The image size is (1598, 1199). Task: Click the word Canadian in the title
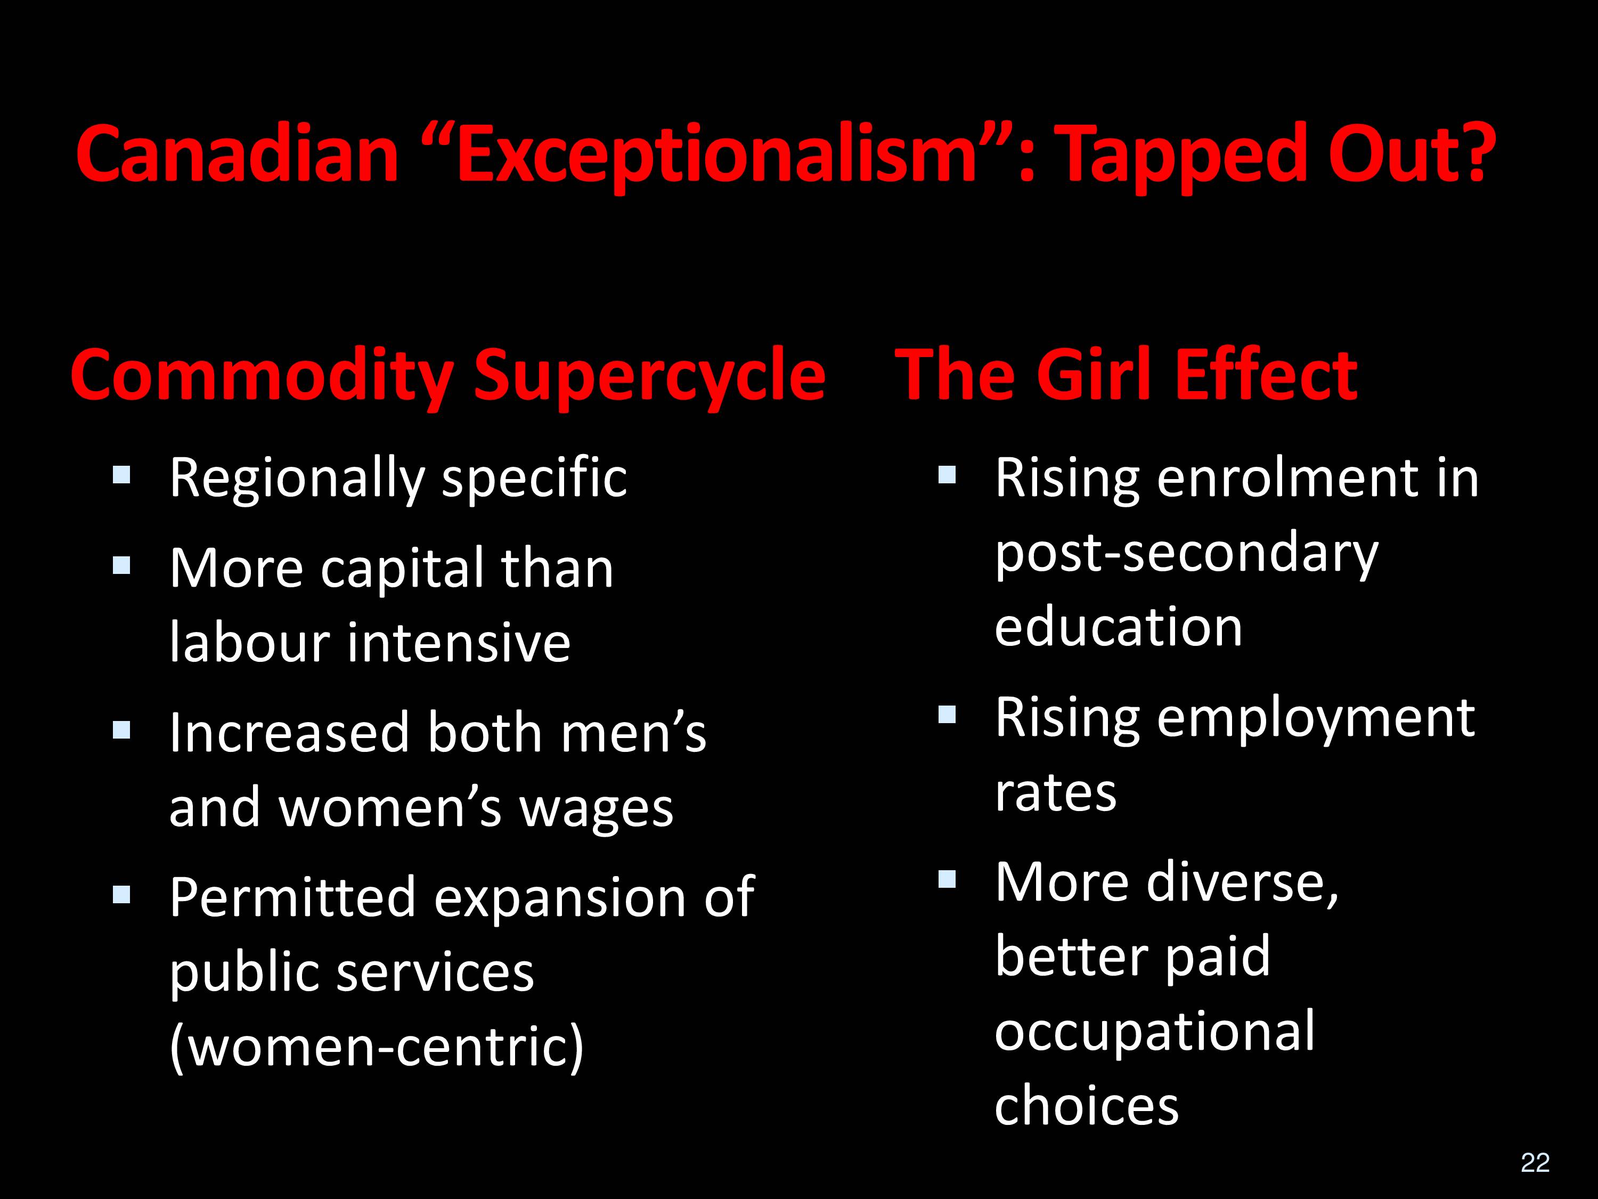coord(238,154)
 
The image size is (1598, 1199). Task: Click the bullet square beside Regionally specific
coord(121,474)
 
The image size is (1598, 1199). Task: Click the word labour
coord(250,642)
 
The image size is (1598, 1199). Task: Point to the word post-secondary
coord(1187,554)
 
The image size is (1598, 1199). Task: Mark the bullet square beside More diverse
coord(947,879)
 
